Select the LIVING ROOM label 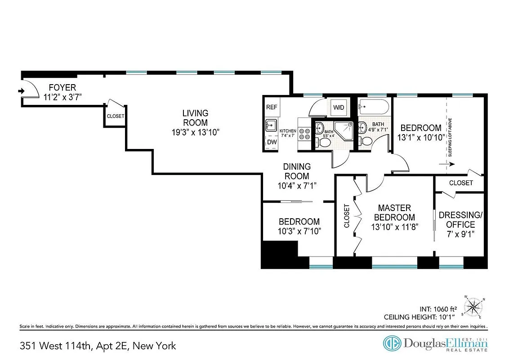(195, 118)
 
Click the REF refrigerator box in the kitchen (272, 107)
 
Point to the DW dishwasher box (272, 142)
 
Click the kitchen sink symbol (270, 125)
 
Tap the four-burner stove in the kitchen (304, 133)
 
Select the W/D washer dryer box (338, 108)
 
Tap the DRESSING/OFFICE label (460, 220)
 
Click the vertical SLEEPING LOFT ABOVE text (450, 137)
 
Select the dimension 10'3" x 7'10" (299, 231)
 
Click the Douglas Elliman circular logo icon (392, 343)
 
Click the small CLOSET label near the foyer (115, 116)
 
